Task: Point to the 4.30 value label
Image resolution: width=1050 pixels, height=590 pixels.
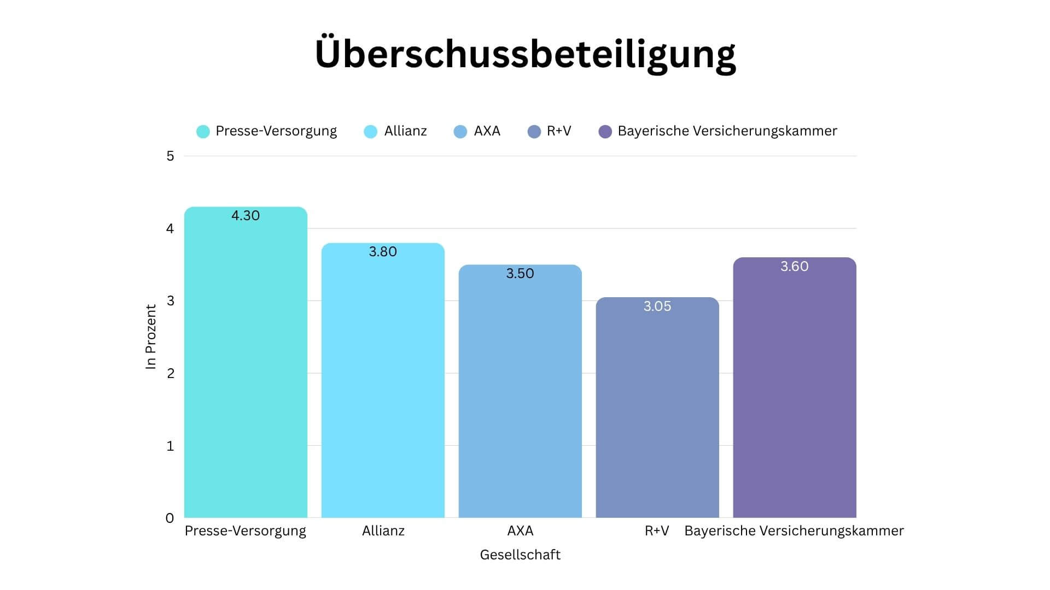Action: [x=246, y=216]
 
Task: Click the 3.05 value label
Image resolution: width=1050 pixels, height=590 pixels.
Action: [x=657, y=306]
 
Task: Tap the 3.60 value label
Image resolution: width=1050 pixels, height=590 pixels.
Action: [x=795, y=267]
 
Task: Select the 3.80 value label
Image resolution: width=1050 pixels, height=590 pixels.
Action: [x=383, y=252]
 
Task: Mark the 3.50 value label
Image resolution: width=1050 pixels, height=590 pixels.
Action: [x=520, y=274]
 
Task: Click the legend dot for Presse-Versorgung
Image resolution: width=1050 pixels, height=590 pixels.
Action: [x=203, y=132]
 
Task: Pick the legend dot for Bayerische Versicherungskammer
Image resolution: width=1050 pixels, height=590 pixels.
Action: [x=605, y=132]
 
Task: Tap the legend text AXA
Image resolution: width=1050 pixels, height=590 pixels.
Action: [x=487, y=131]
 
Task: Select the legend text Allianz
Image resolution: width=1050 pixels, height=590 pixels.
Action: [x=405, y=131]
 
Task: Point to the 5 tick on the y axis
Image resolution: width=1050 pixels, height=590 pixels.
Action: [x=170, y=156]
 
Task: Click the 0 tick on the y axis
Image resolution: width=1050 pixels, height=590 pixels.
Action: [x=170, y=518]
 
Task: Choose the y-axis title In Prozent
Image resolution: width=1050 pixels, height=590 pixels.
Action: [x=151, y=337]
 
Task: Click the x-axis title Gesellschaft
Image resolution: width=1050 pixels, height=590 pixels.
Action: [x=520, y=555]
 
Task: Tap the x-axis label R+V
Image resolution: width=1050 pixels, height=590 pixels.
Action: [x=657, y=531]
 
